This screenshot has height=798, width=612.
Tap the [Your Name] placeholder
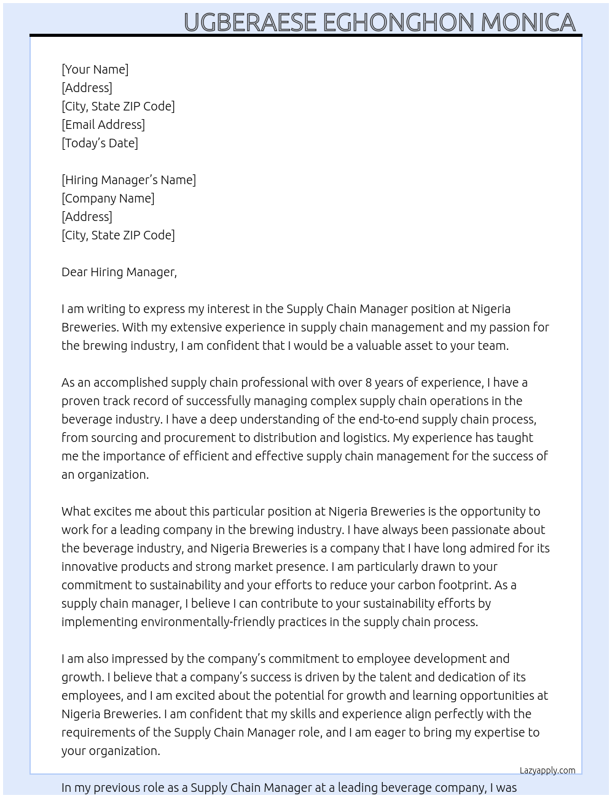pos(95,69)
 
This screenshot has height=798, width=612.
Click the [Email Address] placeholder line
pos(103,125)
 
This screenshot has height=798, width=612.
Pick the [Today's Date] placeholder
pos(100,143)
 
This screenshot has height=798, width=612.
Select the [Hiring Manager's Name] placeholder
pos(128,180)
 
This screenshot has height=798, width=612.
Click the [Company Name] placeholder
pos(108,198)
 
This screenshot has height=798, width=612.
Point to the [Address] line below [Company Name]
pos(87,217)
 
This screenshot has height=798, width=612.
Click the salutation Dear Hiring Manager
pos(119,272)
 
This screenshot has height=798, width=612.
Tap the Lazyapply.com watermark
pos(547,770)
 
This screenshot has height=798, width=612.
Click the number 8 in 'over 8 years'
pos(369,382)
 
